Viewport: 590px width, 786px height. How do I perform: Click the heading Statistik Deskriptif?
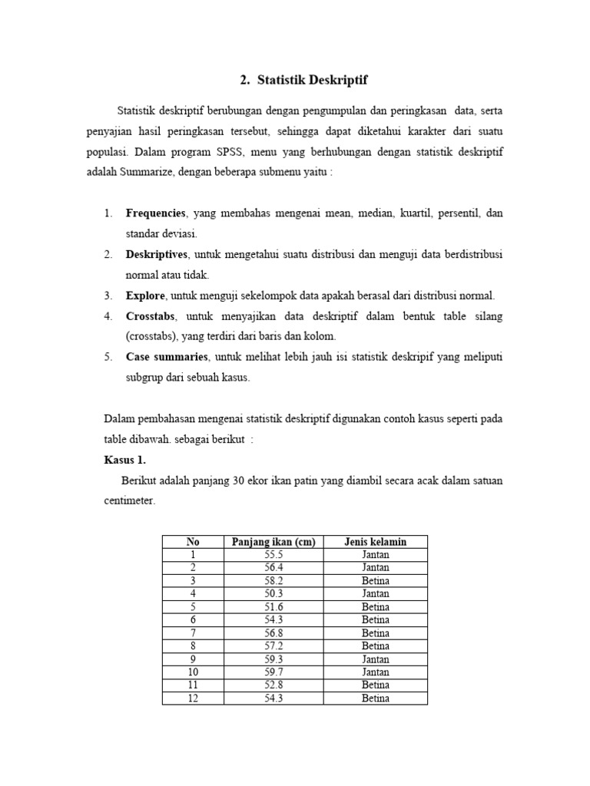304,79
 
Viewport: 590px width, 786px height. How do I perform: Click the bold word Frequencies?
156,213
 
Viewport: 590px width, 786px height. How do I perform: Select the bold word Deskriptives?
157,253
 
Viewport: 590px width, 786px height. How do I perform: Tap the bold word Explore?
145,295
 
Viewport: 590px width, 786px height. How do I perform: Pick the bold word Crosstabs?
151,316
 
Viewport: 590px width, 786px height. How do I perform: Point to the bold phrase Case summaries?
167,357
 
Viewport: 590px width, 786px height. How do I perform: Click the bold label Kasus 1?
124,461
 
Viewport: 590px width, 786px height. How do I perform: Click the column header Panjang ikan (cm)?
273,542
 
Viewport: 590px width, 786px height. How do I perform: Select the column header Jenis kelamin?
376,542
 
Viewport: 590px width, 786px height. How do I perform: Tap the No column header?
193,542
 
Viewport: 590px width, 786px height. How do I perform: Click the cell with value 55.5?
273,555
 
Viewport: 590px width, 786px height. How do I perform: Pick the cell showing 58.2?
273,581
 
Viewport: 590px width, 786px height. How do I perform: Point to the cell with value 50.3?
273,594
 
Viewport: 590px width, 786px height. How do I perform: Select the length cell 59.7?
273,672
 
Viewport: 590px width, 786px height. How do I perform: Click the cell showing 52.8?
273,685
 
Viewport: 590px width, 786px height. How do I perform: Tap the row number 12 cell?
193,698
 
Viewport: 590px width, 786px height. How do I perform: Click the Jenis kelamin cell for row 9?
376,659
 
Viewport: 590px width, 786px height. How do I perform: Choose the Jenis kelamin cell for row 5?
376,607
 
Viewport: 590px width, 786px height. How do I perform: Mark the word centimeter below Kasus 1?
128,500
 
